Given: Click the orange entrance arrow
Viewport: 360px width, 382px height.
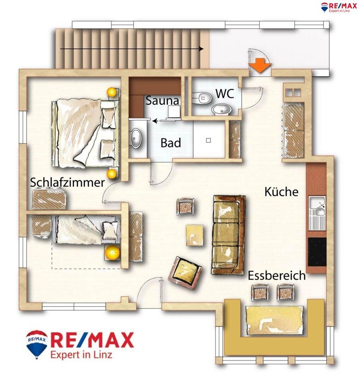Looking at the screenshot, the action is point(260,65).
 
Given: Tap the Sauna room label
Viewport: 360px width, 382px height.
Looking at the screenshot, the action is point(162,101).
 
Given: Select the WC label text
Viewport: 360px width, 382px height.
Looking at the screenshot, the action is point(225,93).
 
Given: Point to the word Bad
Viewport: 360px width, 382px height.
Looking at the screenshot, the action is point(170,143).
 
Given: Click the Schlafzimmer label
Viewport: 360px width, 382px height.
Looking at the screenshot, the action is point(67,182).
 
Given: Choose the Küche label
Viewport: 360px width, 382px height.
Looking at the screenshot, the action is point(281,192).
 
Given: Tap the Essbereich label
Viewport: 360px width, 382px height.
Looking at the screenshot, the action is point(277,275).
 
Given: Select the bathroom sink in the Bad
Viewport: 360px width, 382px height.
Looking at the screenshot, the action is point(136,138).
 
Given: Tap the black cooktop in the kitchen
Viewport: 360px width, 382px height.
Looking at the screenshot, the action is point(317,252).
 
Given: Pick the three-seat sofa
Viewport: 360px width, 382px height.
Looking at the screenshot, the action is point(228,235).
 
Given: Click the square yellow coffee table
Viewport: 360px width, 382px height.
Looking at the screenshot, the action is point(194,235).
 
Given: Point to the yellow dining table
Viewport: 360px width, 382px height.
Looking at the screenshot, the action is point(274,320).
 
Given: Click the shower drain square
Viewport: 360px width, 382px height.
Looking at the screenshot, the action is point(208,140).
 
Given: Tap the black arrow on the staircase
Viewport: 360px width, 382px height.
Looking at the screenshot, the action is point(132,49).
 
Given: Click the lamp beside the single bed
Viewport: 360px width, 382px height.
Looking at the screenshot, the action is point(112,253).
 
